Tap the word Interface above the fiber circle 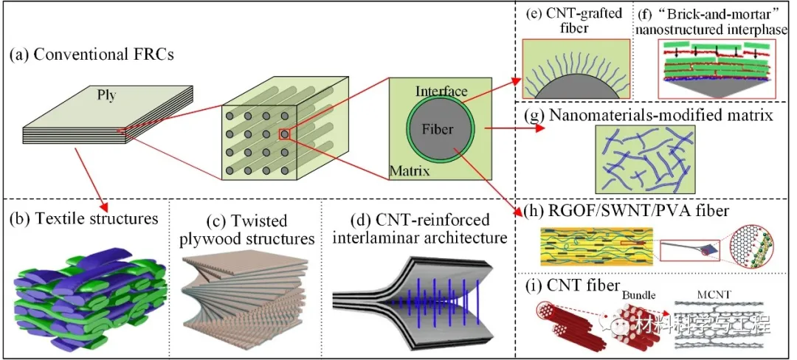click(x=442, y=91)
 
